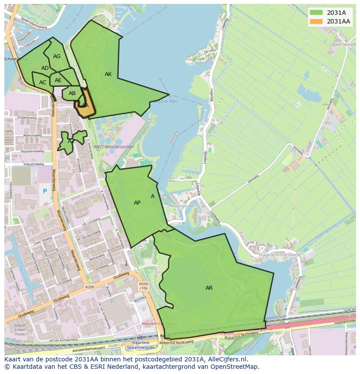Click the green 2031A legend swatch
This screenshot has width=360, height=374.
click(316, 13)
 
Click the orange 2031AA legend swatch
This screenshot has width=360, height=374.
click(316, 21)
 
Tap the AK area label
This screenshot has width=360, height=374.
click(108, 74)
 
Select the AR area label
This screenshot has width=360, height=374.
click(209, 288)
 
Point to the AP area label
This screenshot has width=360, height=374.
click(137, 203)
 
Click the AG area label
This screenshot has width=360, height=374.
click(57, 56)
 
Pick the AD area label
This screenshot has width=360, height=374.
click(45, 68)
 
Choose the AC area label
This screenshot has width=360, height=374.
click(43, 83)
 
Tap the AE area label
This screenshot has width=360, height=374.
click(58, 80)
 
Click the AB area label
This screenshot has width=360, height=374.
click(72, 93)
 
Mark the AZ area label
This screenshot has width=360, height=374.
click(71, 141)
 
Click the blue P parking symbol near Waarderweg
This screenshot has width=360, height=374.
click(44, 191)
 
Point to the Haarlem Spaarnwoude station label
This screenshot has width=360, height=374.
click(140, 345)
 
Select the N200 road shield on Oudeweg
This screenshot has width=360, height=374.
click(90, 287)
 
